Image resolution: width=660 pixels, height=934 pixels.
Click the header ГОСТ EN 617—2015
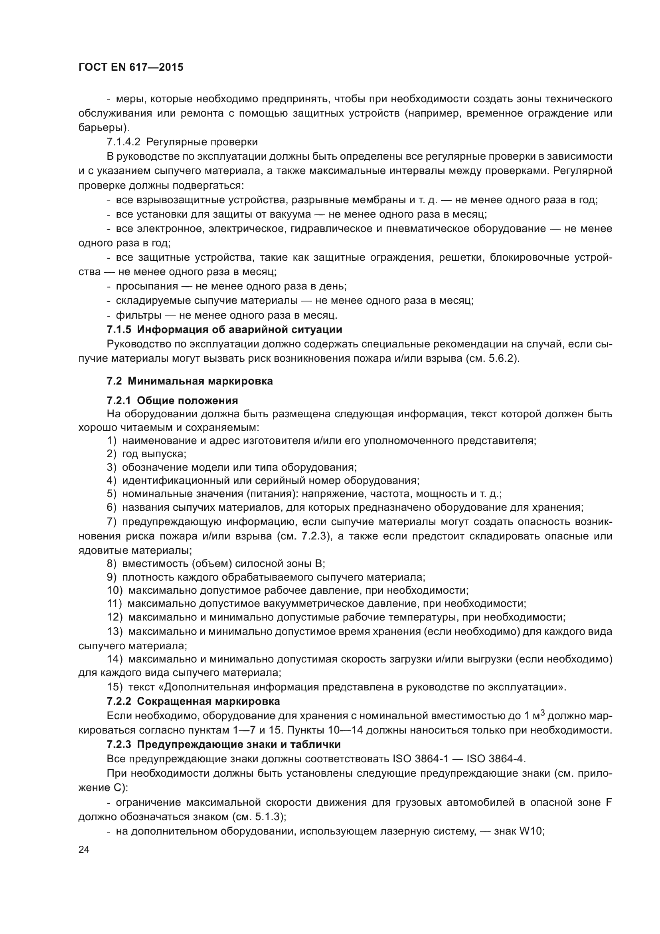pos(131,67)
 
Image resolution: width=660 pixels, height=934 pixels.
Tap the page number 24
pos(84,849)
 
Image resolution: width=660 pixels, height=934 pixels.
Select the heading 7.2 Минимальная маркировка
pos(190,381)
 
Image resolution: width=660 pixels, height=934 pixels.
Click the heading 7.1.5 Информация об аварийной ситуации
pos(224,329)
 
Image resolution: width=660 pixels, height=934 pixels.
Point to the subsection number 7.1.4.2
pos(124,142)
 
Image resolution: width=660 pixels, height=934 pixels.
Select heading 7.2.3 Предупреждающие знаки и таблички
pos(223,744)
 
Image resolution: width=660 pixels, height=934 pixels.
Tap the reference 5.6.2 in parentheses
pos(504,359)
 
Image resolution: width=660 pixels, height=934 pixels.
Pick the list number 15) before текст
pos(115,687)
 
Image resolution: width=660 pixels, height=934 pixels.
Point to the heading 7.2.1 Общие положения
pos(172,401)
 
